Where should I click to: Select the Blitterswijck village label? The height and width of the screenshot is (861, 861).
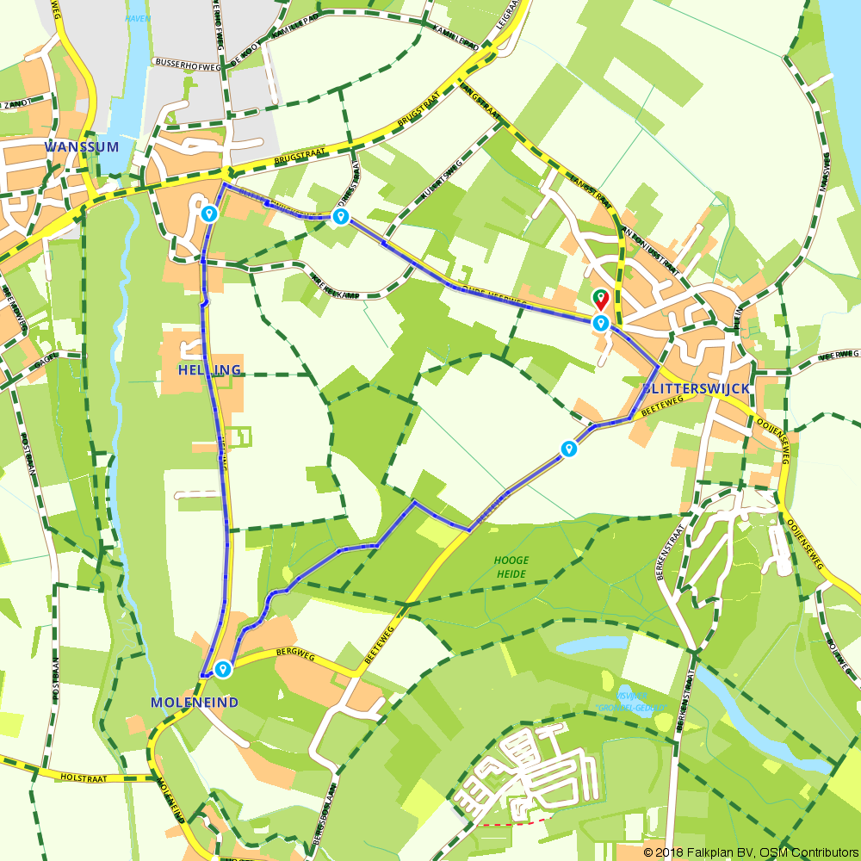(696, 389)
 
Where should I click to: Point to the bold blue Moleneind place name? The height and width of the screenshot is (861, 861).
(195, 703)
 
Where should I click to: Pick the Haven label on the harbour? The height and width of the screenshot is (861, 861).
(138, 18)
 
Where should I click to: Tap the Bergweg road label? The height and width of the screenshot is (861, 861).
(293, 656)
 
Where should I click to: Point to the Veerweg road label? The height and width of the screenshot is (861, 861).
(839, 354)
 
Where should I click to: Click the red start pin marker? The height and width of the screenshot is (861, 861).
(600, 299)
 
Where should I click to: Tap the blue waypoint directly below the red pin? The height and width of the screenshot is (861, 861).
(600, 323)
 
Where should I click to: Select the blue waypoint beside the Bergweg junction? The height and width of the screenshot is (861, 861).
(224, 668)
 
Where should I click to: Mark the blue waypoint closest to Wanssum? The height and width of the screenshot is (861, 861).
(208, 214)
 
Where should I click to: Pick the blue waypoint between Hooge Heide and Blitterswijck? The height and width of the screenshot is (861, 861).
(568, 449)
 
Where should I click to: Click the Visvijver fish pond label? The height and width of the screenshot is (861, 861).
(625, 696)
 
